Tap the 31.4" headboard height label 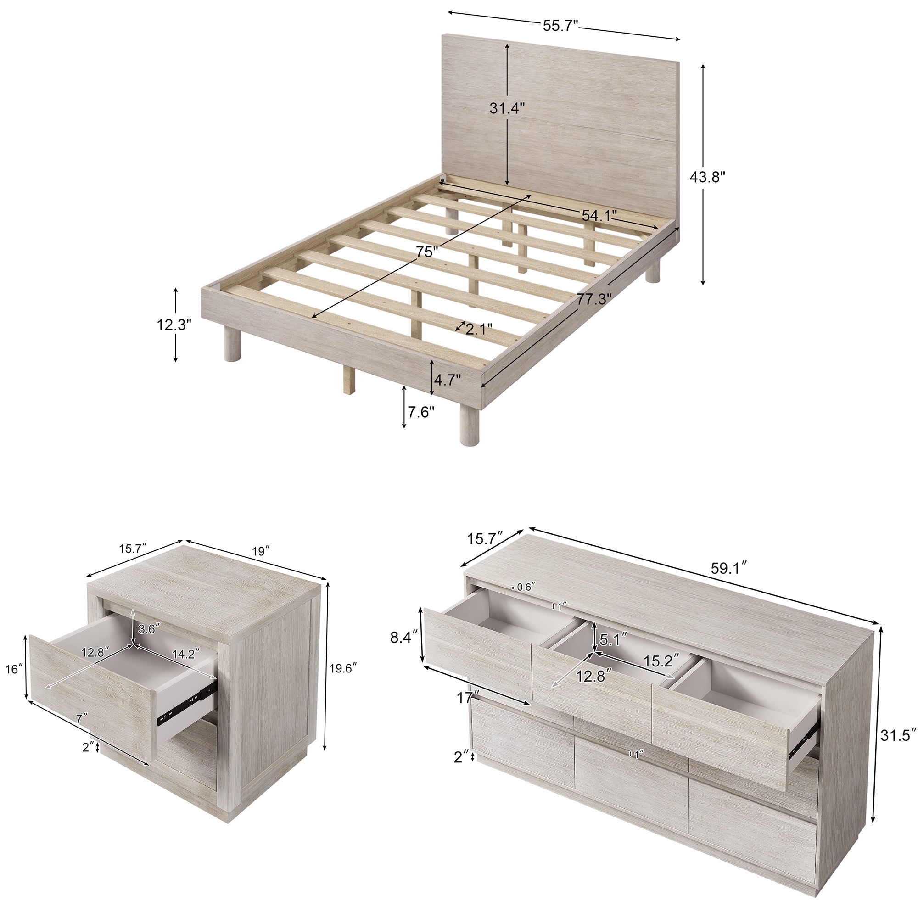tap(507, 108)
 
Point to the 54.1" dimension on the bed tap(599, 216)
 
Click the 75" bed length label tap(426, 252)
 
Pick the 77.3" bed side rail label tap(594, 299)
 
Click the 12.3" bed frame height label tap(174, 325)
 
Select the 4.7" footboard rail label tap(448, 380)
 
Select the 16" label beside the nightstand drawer tap(14, 669)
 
